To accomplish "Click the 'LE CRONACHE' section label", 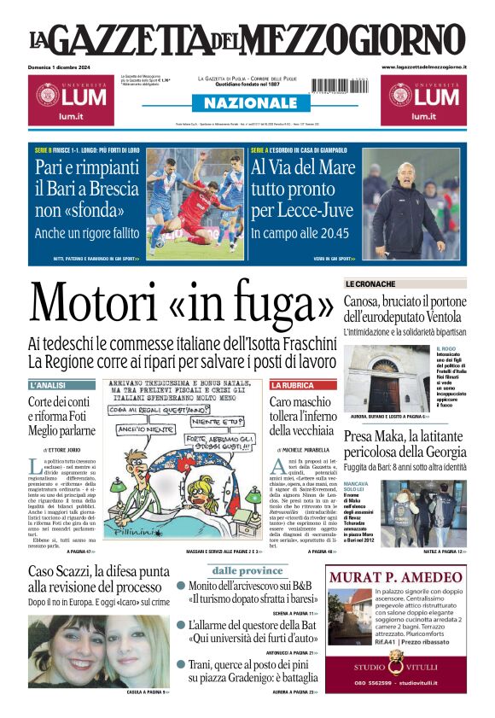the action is [370, 283].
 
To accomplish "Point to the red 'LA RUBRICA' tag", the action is [292, 385].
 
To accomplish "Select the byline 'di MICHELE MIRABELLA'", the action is [303, 448].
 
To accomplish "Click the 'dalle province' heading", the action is [247, 570].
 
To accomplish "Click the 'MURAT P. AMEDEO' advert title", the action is [396, 577].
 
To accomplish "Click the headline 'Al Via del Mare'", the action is [302, 167].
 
